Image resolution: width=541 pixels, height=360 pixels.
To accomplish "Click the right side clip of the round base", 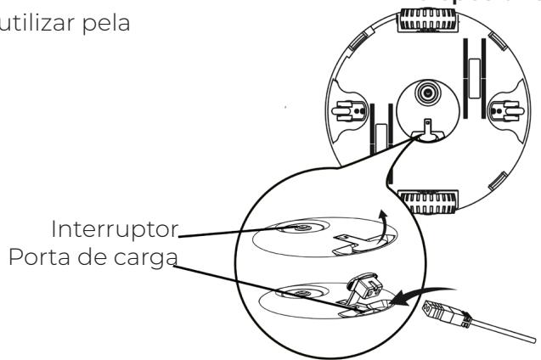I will [511, 111].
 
